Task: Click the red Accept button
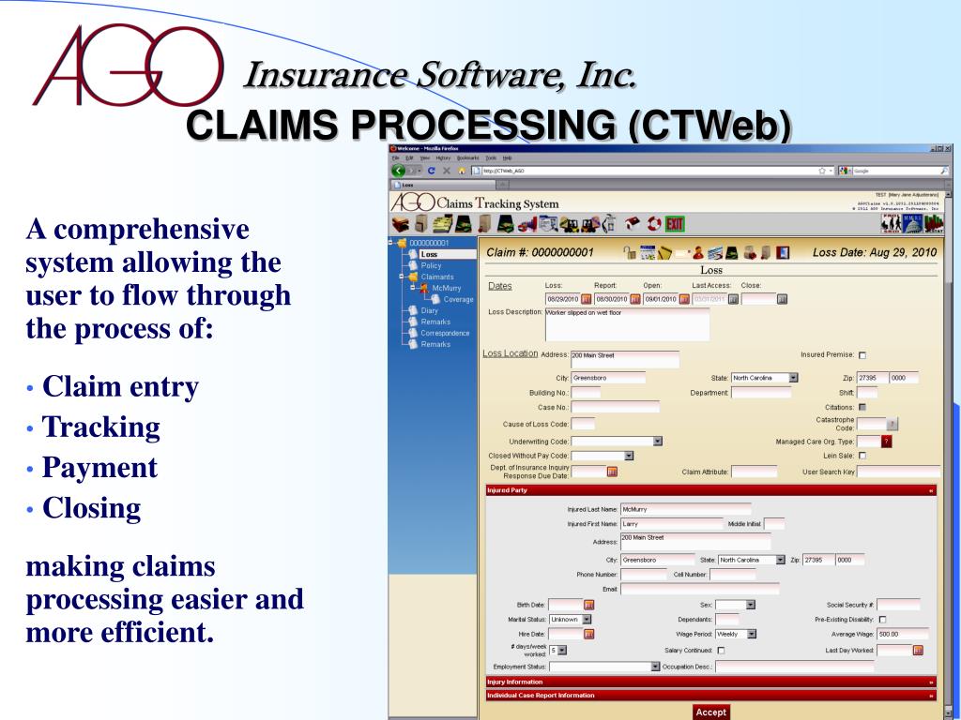[710, 712]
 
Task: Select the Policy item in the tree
[430, 265]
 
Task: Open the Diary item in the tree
[429, 310]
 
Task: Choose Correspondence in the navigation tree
[445, 333]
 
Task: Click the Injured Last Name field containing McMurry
[685, 509]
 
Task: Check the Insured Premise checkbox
[862, 355]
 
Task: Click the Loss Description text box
[627, 322]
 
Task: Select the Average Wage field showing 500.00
[903, 634]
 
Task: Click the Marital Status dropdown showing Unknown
[571, 620]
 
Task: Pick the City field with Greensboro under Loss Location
[607, 378]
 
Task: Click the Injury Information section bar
[709, 682]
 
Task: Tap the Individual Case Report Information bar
[709, 696]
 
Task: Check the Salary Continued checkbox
[721, 650]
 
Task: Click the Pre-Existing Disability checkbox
[882, 620]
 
